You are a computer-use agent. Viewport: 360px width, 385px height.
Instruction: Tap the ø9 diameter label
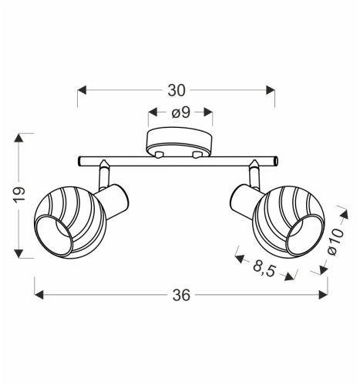point(180,113)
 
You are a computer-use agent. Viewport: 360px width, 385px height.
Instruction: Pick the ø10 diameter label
point(335,244)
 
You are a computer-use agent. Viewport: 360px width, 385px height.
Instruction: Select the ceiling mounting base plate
point(179,144)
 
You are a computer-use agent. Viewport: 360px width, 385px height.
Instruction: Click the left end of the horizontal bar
point(79,162)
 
